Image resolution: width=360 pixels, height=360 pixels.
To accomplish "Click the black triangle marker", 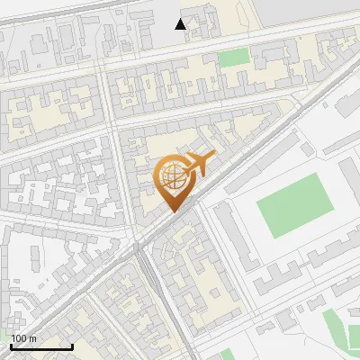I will click(181, 24).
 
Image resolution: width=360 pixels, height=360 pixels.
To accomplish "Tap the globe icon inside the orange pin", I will click(174, 179).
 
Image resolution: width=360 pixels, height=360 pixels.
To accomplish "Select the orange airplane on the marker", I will click(200, 165).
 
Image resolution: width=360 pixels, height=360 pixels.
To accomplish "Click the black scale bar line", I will click(41, 346).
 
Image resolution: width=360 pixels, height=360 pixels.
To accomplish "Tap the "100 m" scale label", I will click(24, 338).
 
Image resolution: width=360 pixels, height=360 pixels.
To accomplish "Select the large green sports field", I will click(292, 206).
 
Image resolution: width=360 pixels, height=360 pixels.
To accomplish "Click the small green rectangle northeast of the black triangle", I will click(233, 58).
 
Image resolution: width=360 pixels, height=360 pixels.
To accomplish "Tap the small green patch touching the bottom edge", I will click(225, 355).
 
